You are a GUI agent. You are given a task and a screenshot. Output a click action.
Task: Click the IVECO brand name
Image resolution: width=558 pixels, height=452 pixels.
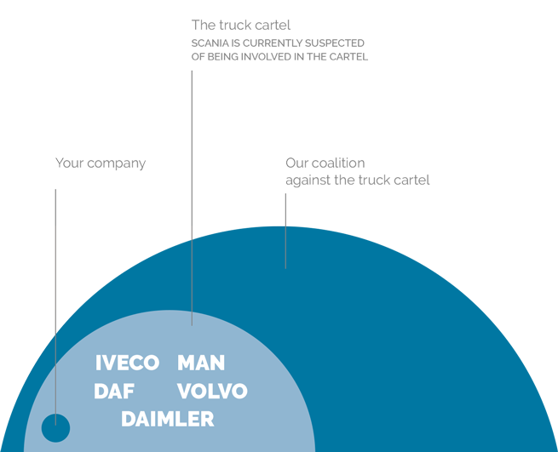[x=127, y=363]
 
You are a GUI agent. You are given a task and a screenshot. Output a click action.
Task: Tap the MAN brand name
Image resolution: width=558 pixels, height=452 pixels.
[x=201, y=363]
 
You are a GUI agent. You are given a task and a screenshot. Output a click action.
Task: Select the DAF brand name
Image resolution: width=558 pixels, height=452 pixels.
[x=114, y=392]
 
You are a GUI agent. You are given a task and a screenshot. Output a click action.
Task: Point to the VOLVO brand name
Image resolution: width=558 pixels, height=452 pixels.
[x=212, y=392]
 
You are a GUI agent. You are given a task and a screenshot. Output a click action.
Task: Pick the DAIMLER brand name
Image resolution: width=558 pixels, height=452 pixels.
[x=168, y=419]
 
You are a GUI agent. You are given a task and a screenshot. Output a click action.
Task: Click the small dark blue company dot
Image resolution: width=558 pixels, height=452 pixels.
[x=55, y=428]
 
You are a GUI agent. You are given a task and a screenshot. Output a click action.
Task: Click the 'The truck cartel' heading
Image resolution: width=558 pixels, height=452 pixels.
[x=241, y=26]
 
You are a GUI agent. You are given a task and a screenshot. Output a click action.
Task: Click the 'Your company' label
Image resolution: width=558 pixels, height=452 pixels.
[x=101, y=163]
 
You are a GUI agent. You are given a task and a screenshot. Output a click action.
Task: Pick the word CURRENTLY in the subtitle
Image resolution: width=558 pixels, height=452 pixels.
[x=273, y=43]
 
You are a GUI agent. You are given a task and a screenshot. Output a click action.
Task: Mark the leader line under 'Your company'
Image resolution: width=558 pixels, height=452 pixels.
[x=55, y=307]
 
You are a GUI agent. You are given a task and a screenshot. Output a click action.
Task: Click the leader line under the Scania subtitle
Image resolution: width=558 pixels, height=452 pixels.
[x=192, y=198]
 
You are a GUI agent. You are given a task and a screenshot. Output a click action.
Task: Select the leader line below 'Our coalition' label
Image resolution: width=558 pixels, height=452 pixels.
[x=285, y=232]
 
